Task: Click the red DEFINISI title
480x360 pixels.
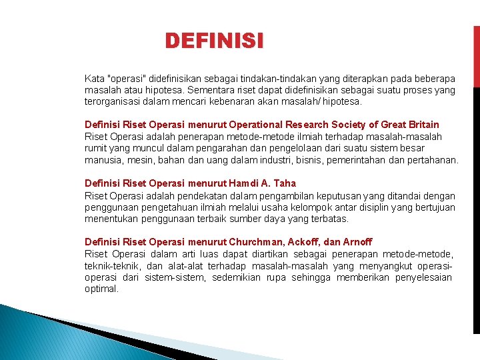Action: pos(214,41)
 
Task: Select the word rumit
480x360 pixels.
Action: pos(95,148)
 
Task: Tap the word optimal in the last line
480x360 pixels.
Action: pos(101,289)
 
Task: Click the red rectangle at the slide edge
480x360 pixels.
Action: pos(476,57)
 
